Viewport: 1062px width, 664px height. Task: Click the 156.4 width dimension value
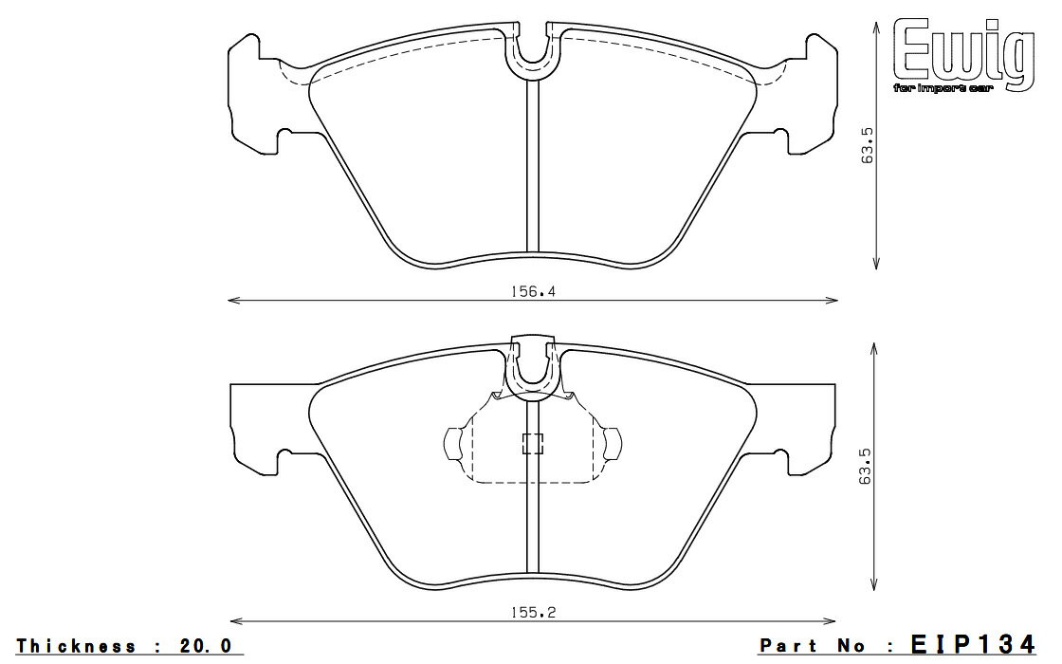click(533, 292)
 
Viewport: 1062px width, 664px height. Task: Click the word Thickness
click(76, 646)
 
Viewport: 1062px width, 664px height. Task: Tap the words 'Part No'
click(813, 646)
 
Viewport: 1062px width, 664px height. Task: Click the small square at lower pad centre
click(533, 443)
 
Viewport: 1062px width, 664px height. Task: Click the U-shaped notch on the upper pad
click(533, 52)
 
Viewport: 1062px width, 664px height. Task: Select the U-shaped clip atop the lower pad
click(533, 368)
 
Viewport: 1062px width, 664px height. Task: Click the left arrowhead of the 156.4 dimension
click(232, 302)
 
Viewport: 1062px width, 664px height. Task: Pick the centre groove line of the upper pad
click(533, 171)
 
